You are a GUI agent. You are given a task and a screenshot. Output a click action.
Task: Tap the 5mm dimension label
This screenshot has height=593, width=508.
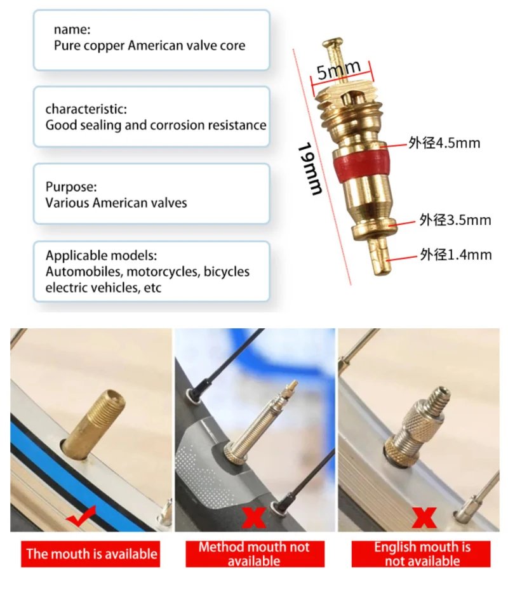338,70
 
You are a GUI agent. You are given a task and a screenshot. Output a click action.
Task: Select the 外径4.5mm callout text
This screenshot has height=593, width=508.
444,143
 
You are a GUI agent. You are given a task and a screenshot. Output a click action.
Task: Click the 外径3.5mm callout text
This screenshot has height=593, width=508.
455,220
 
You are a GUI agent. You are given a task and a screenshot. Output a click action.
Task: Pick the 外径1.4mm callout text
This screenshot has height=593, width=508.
455,255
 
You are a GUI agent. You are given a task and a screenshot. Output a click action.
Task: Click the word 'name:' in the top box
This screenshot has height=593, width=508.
72,29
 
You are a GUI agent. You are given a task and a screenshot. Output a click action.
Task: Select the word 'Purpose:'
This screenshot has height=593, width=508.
71,187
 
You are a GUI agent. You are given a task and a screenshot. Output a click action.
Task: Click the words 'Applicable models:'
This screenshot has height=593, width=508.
101,256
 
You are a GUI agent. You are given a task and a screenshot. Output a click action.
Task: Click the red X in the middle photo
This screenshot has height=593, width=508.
254,518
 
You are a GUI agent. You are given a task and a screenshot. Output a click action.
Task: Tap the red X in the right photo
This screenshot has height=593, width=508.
423,518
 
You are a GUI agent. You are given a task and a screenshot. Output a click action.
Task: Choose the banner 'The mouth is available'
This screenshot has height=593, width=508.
91,554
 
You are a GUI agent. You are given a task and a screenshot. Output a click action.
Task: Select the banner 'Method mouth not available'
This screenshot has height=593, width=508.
254,554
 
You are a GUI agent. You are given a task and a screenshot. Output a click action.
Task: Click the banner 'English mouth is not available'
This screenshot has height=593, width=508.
422,554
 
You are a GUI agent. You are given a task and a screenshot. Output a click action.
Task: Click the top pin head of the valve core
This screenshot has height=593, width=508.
329,45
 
